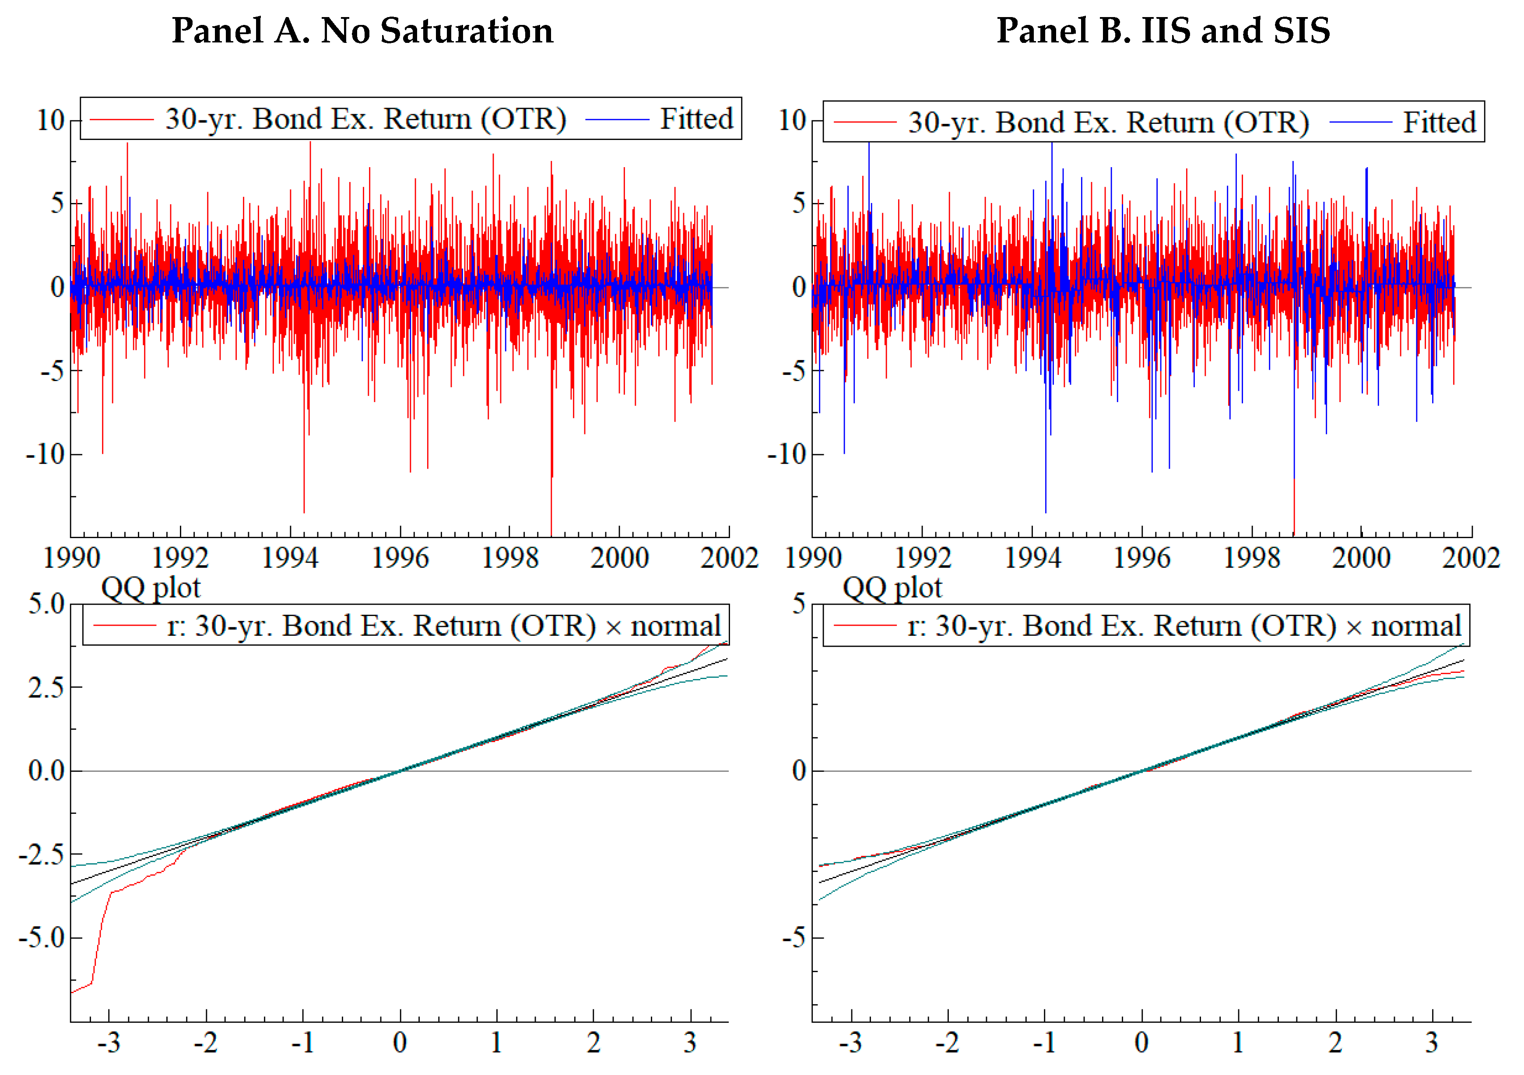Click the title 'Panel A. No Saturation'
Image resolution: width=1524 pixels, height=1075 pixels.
click(x=362, y=31)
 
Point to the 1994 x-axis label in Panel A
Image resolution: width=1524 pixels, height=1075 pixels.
click(x=290, y=558)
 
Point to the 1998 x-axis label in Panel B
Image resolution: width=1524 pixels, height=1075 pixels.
click(x=1252, y=558)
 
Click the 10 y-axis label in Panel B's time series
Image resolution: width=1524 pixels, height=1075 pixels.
click(x=792, y=121)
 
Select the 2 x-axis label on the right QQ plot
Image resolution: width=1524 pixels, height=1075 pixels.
click(x=1335, y=1043)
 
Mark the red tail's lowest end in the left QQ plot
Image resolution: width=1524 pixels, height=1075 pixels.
click(x=72, y=992)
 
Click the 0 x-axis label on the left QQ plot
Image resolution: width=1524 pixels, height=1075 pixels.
click(x=400, y=1043)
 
